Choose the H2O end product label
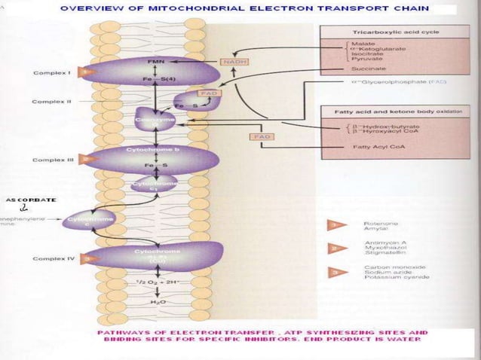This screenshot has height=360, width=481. tap(155, 301)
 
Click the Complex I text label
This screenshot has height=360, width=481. tap(52, 73)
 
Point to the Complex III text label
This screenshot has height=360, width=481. tap(52, 160)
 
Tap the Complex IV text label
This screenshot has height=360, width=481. tap(52, 258)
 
